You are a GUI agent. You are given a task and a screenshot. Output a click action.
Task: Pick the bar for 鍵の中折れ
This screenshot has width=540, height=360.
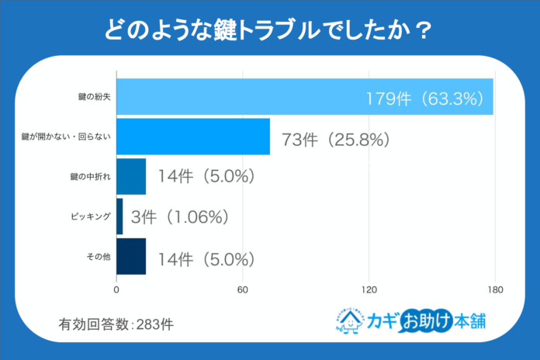[x=130, y=176]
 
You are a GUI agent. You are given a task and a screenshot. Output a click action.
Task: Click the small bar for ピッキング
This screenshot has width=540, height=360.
[x=119, y=216]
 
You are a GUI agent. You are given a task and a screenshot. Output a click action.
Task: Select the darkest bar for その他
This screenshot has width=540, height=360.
[x=130, y=257]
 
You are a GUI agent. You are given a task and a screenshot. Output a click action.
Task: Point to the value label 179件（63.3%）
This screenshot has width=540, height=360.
[x=426, y=99]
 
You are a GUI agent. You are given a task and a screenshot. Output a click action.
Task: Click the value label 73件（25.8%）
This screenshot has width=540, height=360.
[x=335, y=140]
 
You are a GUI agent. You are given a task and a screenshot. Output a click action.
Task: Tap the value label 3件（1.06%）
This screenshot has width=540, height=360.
[x=180, y=218]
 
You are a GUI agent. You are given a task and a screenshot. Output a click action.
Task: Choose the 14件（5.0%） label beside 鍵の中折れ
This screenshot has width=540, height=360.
[x=206, y=177]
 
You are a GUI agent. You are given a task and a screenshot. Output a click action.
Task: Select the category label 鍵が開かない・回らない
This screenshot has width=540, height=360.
[x=67, y=137]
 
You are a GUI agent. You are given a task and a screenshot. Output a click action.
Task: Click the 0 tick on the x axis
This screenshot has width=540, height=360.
[x=116, y=290]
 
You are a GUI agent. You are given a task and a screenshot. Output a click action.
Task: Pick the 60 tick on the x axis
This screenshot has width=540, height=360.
[x=243, y=290]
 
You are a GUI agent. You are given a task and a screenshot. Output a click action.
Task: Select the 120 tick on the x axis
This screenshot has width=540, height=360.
[x=369, y=290]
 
